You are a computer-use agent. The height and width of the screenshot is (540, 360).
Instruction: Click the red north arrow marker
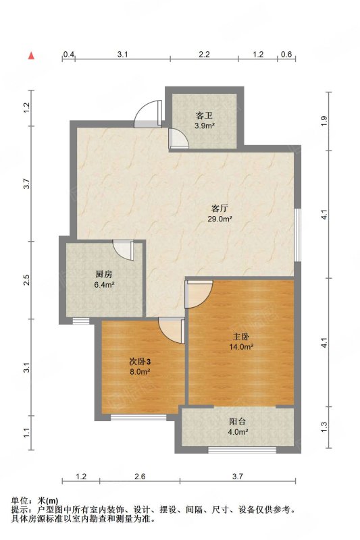click(x=31, y=55)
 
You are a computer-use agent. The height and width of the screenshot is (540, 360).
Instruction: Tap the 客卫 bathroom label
click(x=204, y=115)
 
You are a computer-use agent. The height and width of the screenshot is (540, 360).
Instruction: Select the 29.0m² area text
click(x=220, y=218)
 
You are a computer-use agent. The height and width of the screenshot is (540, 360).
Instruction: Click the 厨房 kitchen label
click(x=104, y=275)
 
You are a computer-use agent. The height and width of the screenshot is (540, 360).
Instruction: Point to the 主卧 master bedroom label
click(x=241, y=336)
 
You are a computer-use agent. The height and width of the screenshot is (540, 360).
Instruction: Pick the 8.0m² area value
click(x=140, y=372)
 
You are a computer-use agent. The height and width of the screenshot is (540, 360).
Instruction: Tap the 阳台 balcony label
click(x=237, y=421)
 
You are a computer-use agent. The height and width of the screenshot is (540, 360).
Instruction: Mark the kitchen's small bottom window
click(x=81, y=321)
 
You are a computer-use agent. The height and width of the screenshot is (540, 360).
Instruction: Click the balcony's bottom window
click(x=242, y=450)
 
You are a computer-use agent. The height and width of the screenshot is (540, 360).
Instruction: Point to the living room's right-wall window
click(x=298, y=234)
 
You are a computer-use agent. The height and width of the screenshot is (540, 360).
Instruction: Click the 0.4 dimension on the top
click(x=68, y=54)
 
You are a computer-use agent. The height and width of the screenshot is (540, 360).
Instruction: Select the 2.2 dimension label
click(x=204, y=54)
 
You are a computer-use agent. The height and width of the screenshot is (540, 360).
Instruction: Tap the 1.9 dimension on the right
click(x=323, y=121)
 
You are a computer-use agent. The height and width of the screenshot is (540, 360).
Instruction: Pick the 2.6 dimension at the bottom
click(x=140, y=477)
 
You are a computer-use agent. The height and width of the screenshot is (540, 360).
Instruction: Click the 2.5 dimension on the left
click(x=27, y=279)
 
